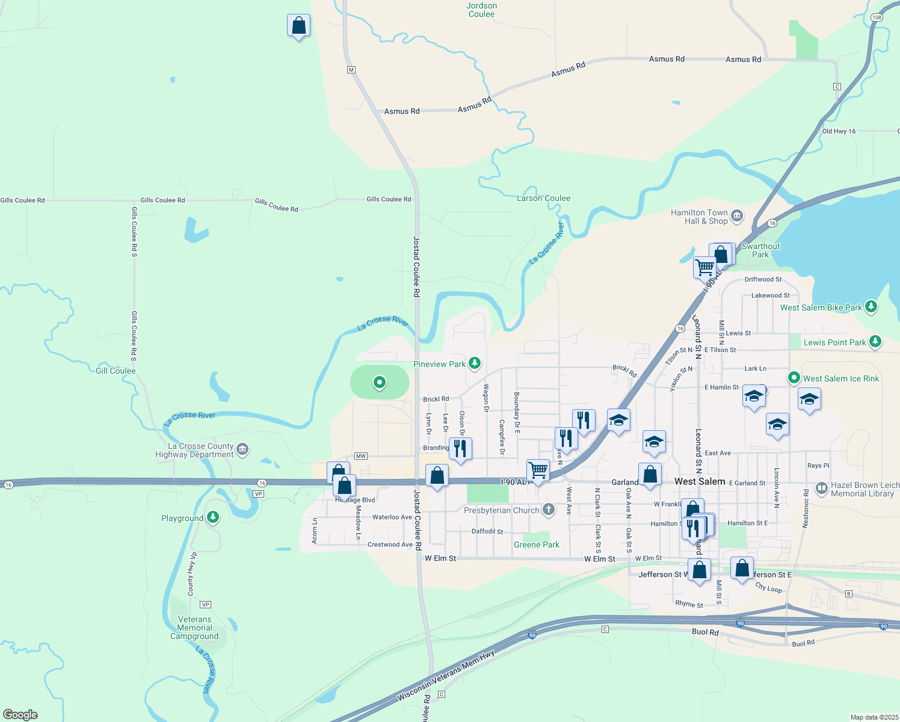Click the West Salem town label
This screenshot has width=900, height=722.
pyautogui.click(x=700, y=481)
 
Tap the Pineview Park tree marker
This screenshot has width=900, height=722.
pyautogui.click(x=475, y=363)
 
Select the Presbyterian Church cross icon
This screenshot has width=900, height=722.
pyautogui.click(x=548, y=510)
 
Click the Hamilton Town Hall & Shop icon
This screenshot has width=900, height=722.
pyautogui.click(x=738, y=216)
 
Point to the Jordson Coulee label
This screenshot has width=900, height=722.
pyautogui.click(x=481, y=10)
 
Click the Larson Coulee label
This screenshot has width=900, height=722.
pyautogui.click(x=543, y=198)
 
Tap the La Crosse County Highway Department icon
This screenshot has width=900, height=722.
pyautogui.click(x=242, y=449)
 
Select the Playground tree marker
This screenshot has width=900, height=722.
pyautogui.click(x=212, y=517)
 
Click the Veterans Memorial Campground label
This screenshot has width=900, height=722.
pyautogui.click(x=194, y=628)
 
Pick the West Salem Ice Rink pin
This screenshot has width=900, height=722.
pyautogui.click(x=794, y=378)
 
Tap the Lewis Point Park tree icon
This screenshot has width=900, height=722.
pyautogui.click(x=875, y=342)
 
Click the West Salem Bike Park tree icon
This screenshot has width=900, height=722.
pyautogui.click(x=871, y=307)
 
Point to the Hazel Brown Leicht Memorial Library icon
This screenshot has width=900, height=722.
pyautogui.click(x=822, y=489)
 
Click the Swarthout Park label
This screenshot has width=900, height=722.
pyautogui.click(x=760, y=250)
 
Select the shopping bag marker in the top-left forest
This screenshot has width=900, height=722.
pyautogui.click(x=299, y=26)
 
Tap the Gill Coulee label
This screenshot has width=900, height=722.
pyautogui.click(x=116, y=371)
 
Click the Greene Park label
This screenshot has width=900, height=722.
pyautogui.click(x=536, y=545)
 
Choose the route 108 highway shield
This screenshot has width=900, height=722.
pyautogui.click(x=877, y=17)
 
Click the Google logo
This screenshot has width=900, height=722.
pyautogui.click(x=20, y=715)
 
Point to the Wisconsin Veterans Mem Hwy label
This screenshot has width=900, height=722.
pyautogui.click(x=446, y=676)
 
